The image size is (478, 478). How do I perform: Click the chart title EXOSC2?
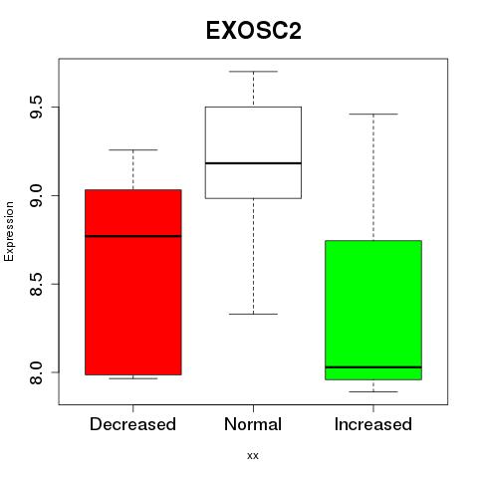254,31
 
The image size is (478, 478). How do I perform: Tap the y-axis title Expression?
9,231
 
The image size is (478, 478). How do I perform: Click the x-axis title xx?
253,456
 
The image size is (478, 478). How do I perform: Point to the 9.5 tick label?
35,107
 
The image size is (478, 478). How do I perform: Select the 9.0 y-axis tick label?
35,195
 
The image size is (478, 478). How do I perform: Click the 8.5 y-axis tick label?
35,284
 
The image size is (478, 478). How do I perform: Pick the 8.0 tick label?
35,372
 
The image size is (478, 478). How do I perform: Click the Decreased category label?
132,424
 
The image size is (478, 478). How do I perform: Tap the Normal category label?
253,424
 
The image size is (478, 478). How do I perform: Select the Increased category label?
373,424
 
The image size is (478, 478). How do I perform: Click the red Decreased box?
133,282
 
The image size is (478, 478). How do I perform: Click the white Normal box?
253,152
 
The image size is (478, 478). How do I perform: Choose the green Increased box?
373,310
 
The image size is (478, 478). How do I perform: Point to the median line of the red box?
133,236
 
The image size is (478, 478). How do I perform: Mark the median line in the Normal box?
253,163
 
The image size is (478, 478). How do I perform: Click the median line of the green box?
373,367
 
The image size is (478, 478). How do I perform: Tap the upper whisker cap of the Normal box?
253,72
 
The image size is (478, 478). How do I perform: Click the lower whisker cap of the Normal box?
253,314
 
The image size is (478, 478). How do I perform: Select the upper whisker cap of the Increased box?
373,114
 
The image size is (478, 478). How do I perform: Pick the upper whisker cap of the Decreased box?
133,149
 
